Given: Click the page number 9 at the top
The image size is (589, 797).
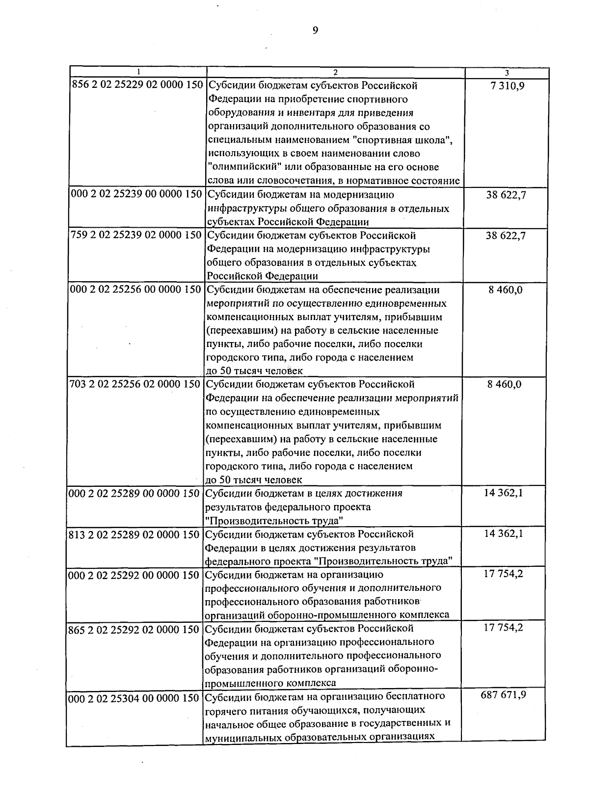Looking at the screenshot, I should click(315, 30).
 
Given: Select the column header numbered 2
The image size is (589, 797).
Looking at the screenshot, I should click(335, 73).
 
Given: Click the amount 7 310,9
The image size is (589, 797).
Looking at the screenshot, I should click(506, 86).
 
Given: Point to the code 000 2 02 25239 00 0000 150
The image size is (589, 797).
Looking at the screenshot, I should click(136, 194).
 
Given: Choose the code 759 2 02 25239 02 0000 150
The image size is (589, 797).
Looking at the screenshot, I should click(136, 236).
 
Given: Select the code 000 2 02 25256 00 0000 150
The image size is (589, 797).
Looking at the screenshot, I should click(136, 290).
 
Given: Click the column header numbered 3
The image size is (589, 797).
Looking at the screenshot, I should click(507, 73).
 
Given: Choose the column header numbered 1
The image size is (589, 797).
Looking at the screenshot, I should click(138, 73).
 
